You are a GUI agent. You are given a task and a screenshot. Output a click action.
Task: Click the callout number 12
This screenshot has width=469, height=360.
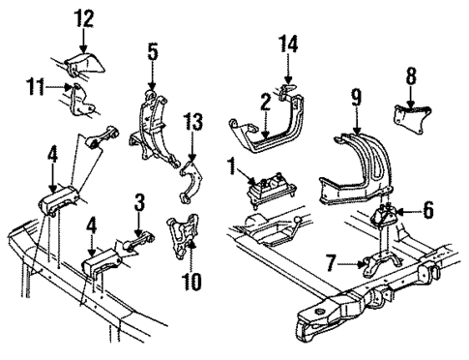(84, 18)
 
